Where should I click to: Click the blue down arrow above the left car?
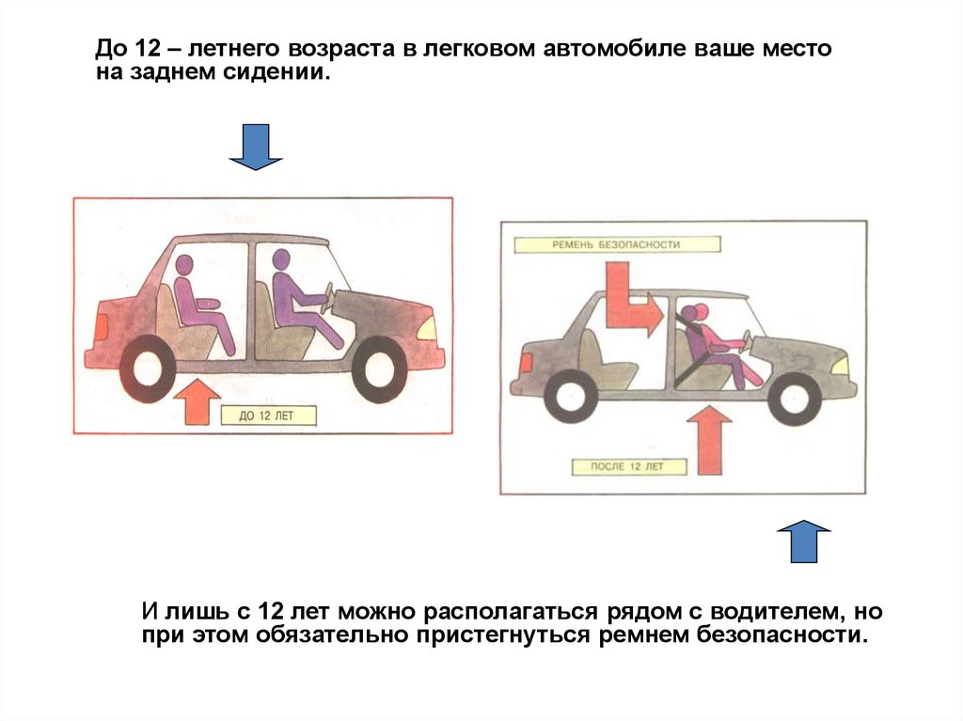[256, 147]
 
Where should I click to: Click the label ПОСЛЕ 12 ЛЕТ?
[627, 466]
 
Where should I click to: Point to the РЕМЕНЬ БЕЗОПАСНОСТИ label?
[617, 244]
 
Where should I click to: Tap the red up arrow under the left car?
[196, 401]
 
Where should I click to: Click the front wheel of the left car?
[380, 369]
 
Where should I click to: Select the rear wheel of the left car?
[149, 368]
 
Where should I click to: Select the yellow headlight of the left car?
[428, 329]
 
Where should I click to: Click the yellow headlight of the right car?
[840, 363]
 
